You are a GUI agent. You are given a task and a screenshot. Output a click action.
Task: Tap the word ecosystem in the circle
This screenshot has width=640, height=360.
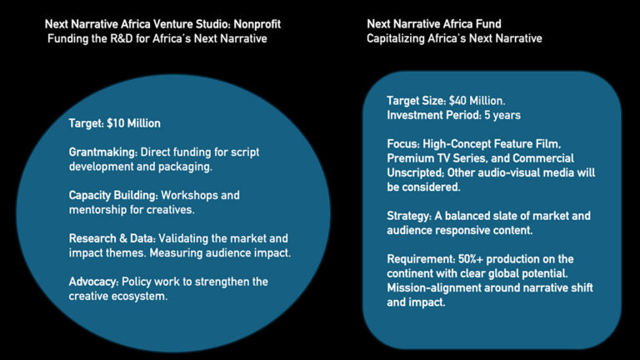(x=146, y=296)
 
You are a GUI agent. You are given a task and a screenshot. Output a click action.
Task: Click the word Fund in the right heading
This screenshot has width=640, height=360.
(x=487, y=23)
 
